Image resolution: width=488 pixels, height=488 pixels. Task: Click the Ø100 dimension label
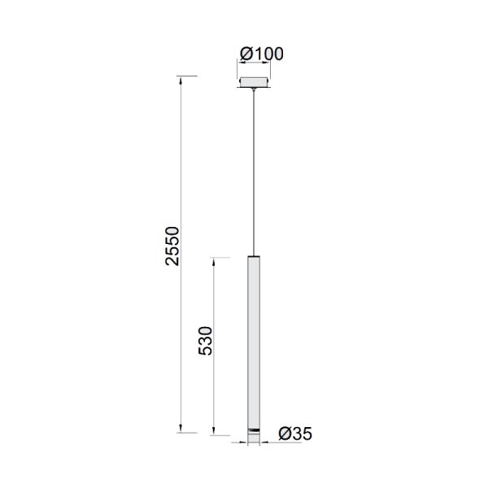coord(261,54)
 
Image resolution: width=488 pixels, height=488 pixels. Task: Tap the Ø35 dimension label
coord(294,434)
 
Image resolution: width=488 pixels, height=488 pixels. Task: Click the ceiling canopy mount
coord(255,81)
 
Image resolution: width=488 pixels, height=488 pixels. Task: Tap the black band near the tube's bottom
coord(255,429)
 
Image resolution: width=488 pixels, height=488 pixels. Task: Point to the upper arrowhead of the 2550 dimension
coord(181,79)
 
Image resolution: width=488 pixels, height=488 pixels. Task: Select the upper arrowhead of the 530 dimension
coord(215,259)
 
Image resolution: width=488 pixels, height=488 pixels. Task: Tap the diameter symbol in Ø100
coord(246,54)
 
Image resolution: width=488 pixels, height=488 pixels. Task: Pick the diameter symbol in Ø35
coord(285,434)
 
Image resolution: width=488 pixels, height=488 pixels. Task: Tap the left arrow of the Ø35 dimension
coord(244,444)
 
